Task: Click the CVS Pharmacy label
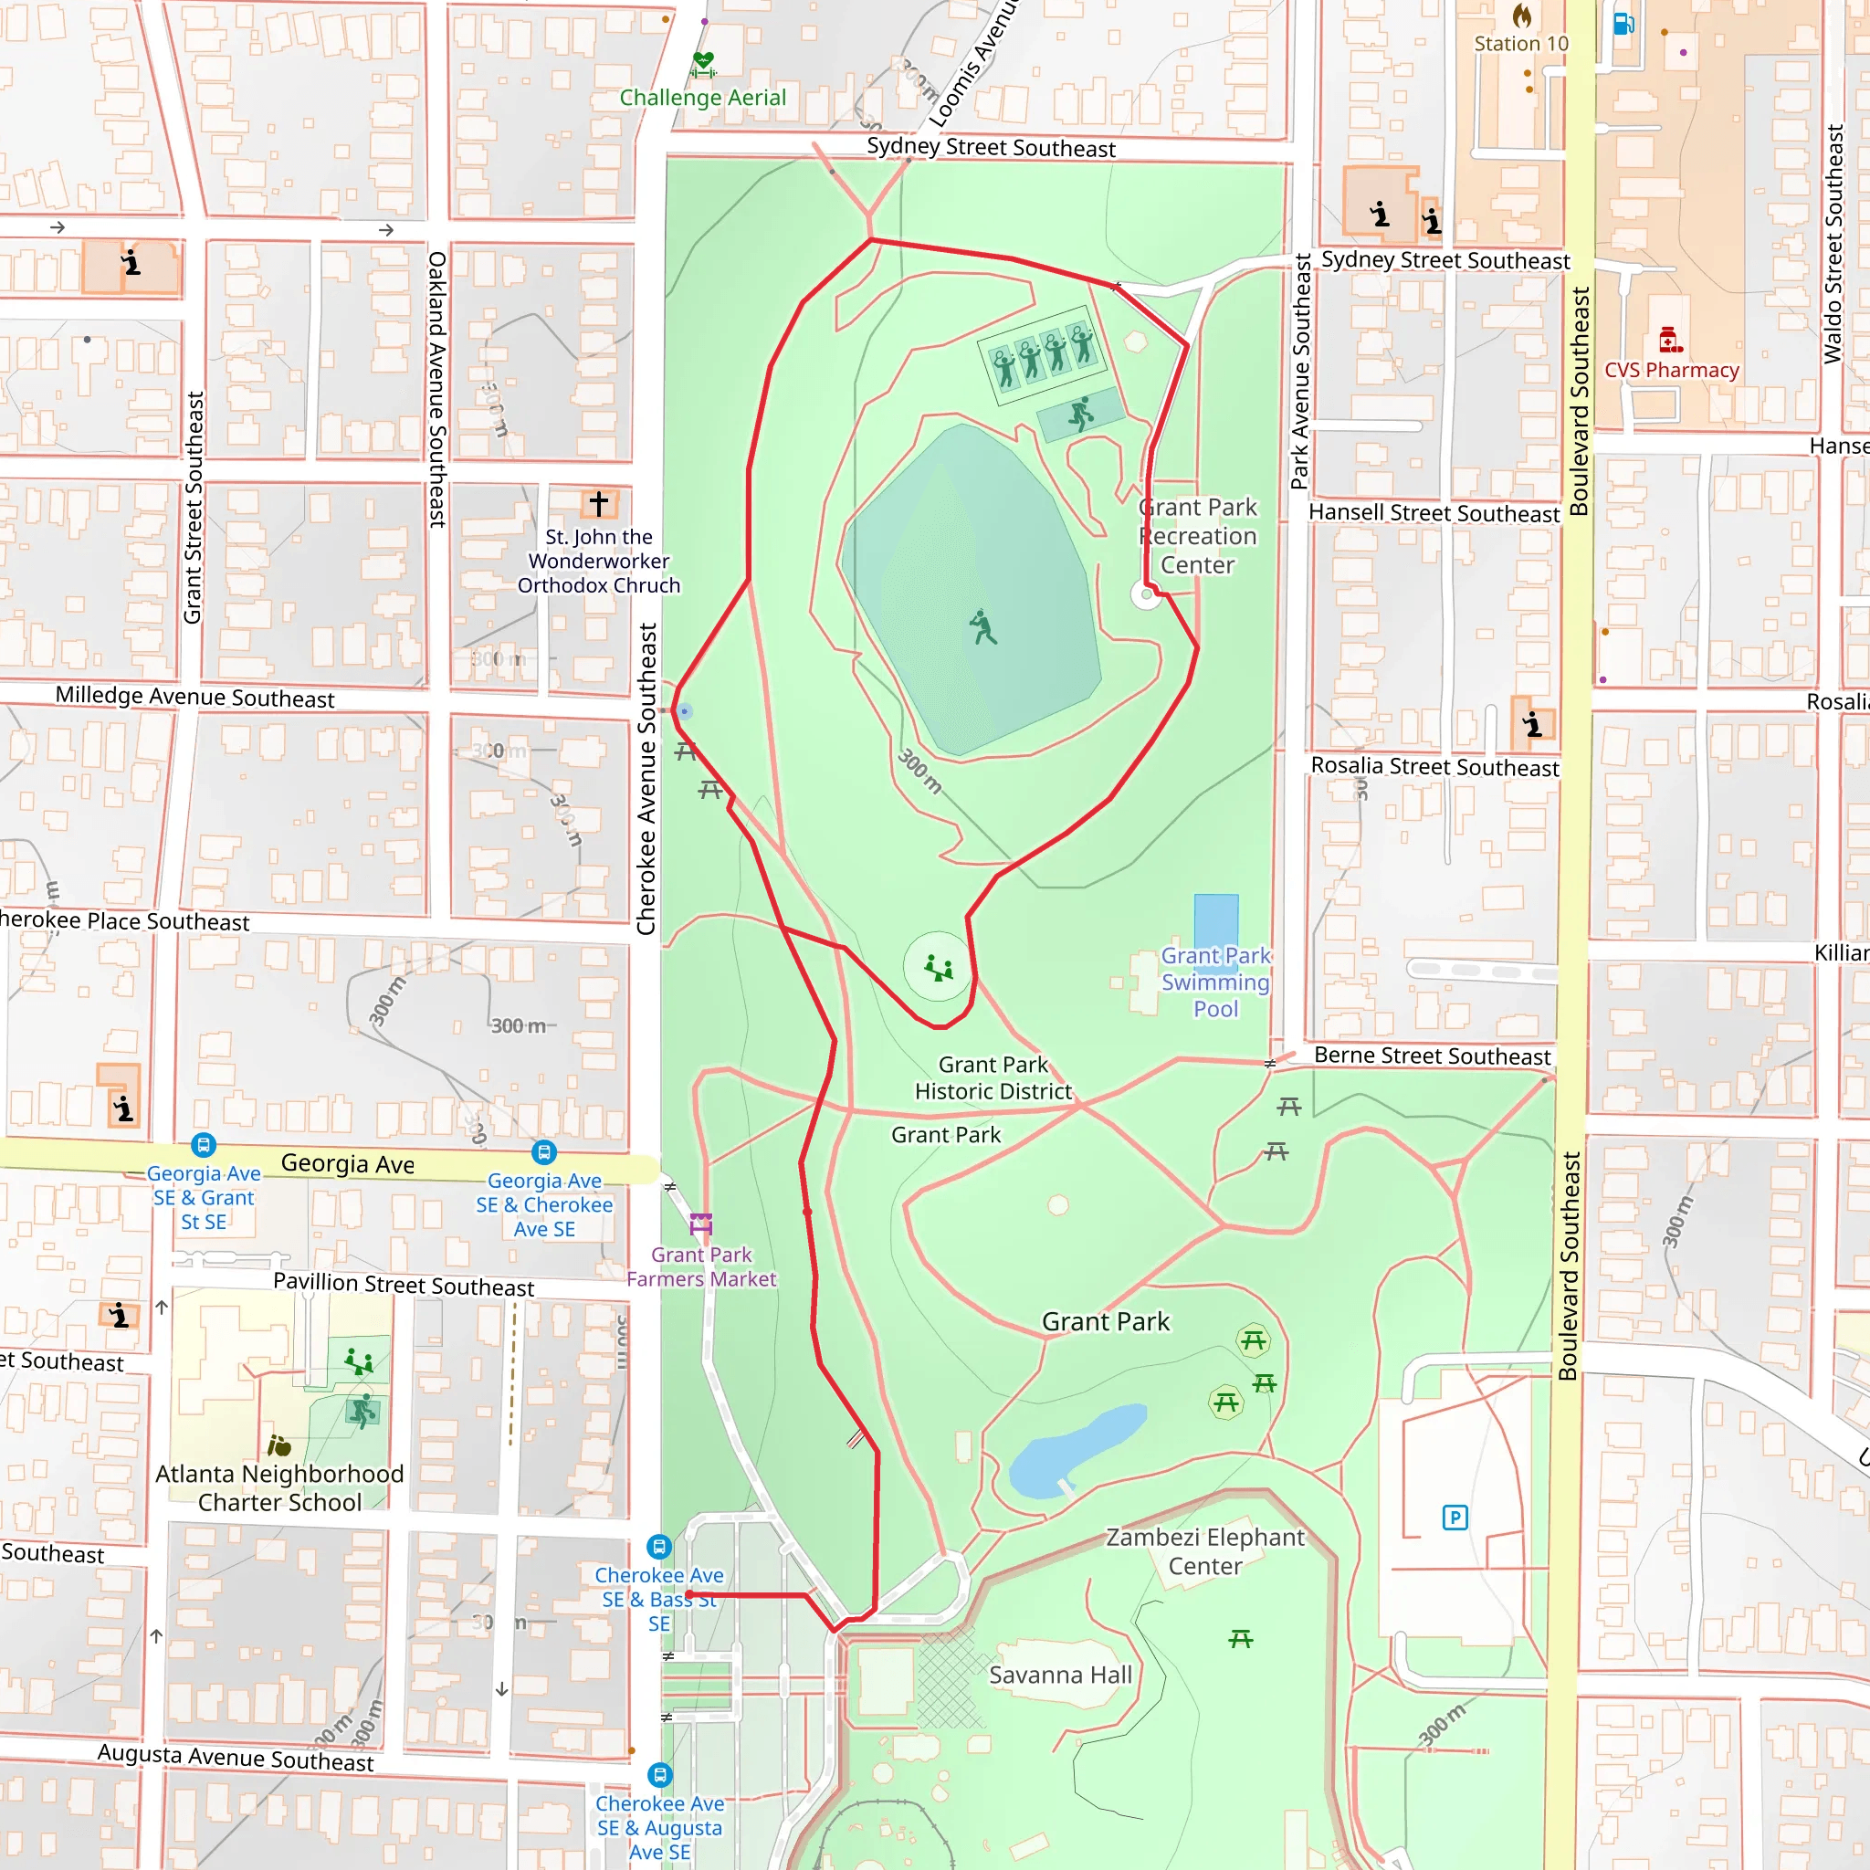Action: pyautogui.click(x=1672, y=370)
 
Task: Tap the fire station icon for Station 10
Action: pyautogui.click(x=1522, y=16)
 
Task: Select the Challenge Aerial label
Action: pyautogui.click(x=703, y=98)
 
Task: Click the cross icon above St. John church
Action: pyautogui.click(x=598, y=503)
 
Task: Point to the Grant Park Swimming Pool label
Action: pyautogui.click(x=1215, y=982)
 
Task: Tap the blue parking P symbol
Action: pyautogui.click(x=1455, y=1517)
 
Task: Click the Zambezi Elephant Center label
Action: pyautogui.click(x=1205, y=1550)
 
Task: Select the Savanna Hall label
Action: pyautogui.click(x=1060, y=1675)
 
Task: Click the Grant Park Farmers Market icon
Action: pyautogui.click(x=700, y=1224)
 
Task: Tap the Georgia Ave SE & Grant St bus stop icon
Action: pyautogui.click(x=204, y=1145)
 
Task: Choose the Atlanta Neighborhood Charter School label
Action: pyautogui.click(x=279, y=1487)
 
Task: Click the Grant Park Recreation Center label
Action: pyautogui.click(x=1197, y=535)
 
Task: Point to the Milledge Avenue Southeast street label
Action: pyautogui.click(x=194, y=697)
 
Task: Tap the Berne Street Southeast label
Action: pyautogui.click(x=1432, y=1056)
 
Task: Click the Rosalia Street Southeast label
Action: pyautogui.click(x=1434, y=767)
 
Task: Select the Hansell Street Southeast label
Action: pyautogui.click(x=1434, y=513)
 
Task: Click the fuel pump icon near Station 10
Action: pyautogui.click(x=1623, y=22)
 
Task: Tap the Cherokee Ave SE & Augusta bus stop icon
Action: pyautogui.click(x=659, y=1775)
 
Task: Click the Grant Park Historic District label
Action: pyautogui.click(x=993, y=1077)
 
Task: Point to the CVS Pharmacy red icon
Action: pyautogui.click(x=1670, y=340)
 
